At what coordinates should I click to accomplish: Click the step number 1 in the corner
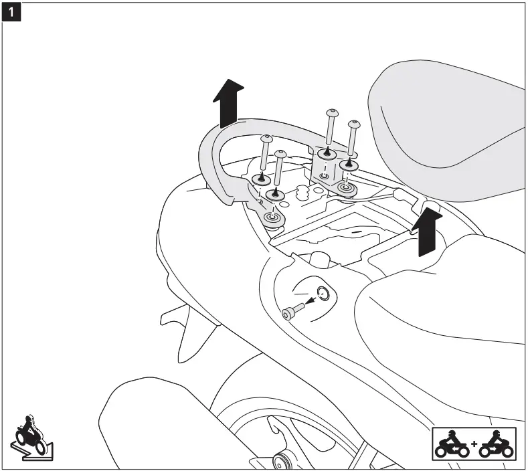[12, 12]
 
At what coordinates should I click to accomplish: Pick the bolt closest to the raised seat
[353, 124]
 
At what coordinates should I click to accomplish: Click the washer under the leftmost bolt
[262, 179]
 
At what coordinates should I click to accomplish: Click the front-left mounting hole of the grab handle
[272, 218]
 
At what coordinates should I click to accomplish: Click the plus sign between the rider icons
[474, 443]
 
